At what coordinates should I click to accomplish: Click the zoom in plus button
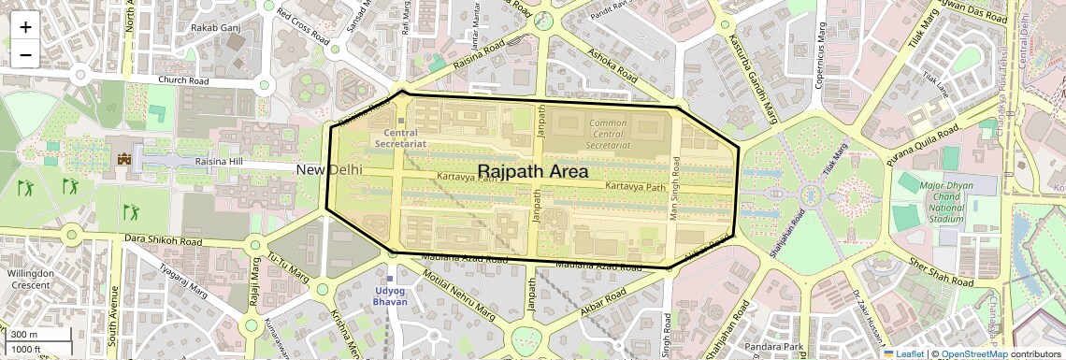(x=25, y=27)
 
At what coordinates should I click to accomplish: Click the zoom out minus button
(x=25, y=55)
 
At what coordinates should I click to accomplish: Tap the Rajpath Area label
(x=532, y=171)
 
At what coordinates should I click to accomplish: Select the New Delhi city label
(x=329, y=170)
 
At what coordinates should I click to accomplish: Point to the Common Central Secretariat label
(x=608, y=134)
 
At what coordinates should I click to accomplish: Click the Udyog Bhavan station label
(x=390, y=295)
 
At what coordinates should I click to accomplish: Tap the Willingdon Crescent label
(x=31, y=280)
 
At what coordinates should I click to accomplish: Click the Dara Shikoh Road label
(x=164, y=241)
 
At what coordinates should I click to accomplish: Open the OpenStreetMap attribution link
(x=973, y=353)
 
